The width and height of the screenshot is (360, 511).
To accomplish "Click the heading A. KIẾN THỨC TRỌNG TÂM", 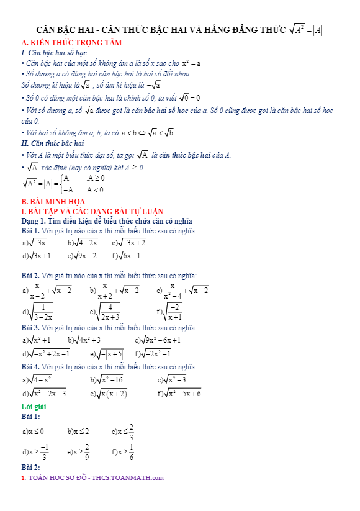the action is click(x=71, y=42).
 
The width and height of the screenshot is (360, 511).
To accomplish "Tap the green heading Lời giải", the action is click(x=34, y=406).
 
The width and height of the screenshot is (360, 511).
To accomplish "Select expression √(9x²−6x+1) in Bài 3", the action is click(x=160, y=340).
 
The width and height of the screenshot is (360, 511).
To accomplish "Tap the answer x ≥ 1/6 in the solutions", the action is click(x=126, y=453).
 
